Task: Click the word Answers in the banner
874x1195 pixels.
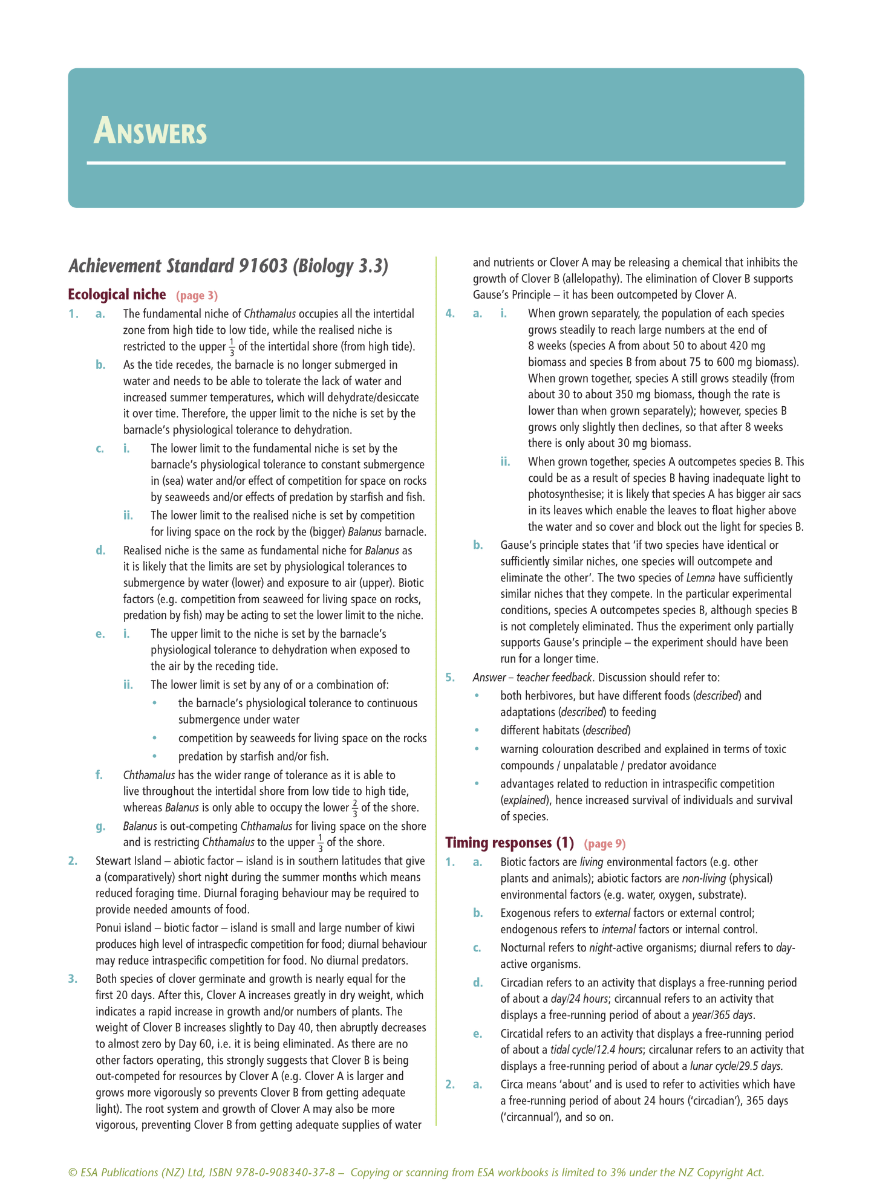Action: [150, 132]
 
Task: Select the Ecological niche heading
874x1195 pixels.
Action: [117, 294]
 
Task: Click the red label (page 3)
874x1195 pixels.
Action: [197, 296]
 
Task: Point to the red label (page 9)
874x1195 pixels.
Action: [605, 843]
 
